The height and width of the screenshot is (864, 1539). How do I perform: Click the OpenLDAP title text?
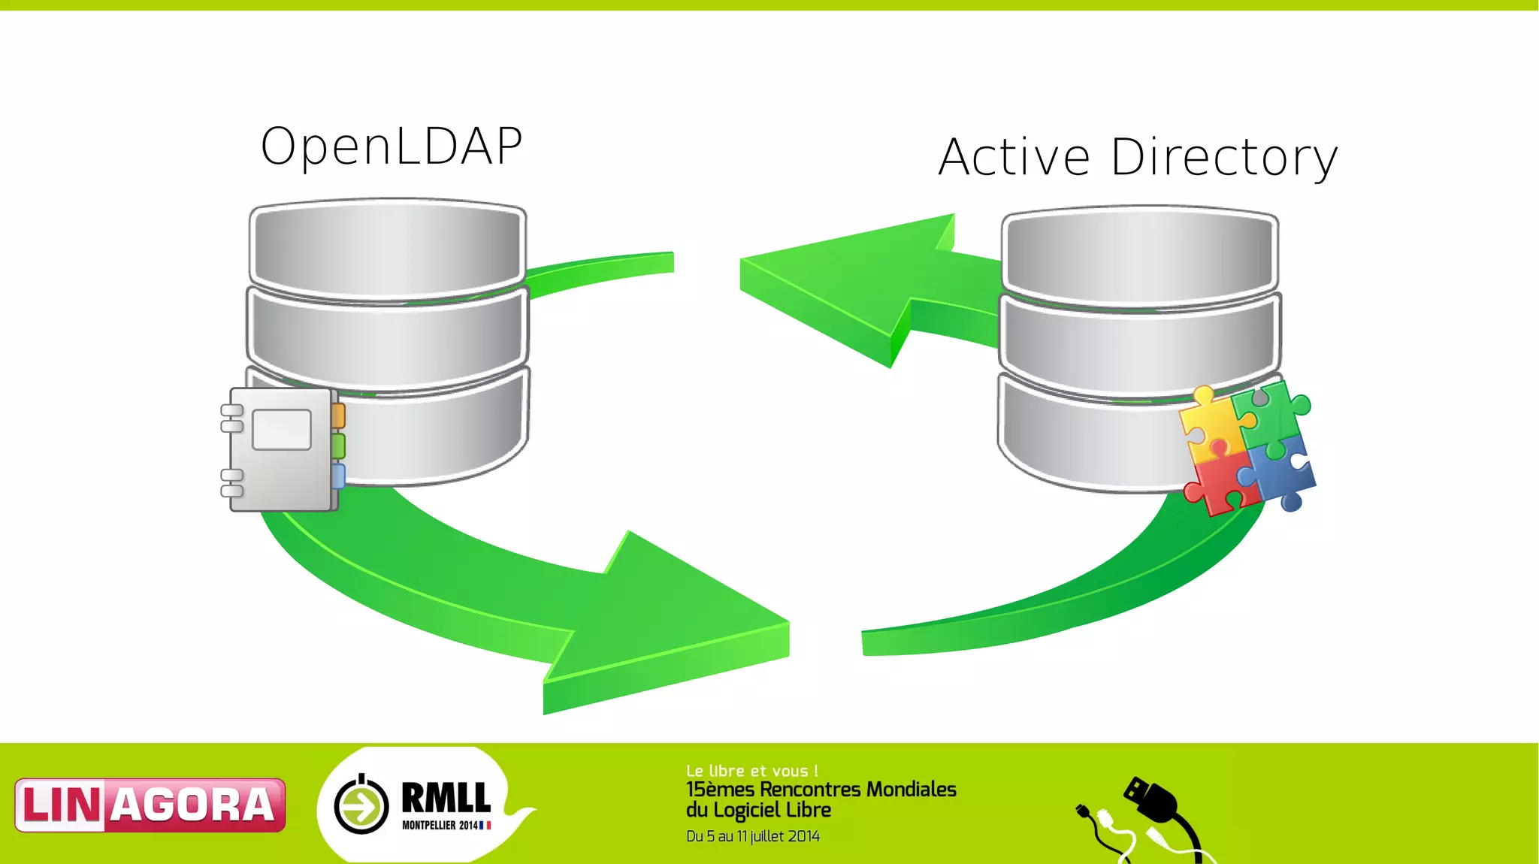391,146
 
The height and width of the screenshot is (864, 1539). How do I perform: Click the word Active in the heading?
1014,158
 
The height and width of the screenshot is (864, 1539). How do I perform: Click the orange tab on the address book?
338,415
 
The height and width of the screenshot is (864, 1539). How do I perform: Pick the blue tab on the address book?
338,476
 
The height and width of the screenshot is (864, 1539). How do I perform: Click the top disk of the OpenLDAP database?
388,248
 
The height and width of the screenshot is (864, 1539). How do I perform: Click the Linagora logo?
150,805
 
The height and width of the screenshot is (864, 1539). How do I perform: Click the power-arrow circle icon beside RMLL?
361,805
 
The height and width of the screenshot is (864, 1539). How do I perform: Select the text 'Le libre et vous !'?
751,771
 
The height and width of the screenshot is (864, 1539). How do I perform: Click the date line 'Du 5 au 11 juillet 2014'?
752,836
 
